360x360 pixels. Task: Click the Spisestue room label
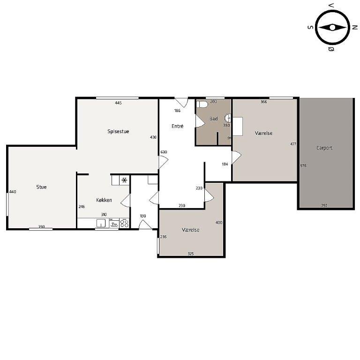point(118,132)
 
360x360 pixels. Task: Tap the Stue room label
point(41,187)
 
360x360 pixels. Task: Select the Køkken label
point(104,200)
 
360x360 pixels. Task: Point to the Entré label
point(178,126)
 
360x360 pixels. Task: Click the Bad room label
point(214,119)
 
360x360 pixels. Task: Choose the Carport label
point(324,148)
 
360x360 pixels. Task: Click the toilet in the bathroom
point(202,105)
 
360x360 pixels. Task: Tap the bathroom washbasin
point(227,118)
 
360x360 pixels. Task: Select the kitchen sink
point(101,223)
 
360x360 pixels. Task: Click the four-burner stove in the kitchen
point(124,223)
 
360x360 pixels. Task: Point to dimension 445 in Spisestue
point(118,103)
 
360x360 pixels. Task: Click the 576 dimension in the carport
point(303,165)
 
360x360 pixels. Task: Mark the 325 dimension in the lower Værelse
point(191,254)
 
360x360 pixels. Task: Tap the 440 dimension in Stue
point(13,192)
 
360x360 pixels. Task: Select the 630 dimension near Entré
point(164,152)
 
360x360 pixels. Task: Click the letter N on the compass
point(355,27)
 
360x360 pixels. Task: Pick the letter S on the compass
point(310,27)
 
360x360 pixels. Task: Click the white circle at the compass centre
point(332,28)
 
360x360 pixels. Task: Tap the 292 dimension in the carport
point(324,205)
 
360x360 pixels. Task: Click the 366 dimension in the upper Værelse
point(263,102)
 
